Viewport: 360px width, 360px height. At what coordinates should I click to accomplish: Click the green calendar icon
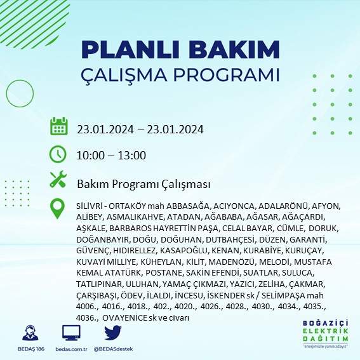click(58, 126)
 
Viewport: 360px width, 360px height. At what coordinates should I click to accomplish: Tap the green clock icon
click(58, 154)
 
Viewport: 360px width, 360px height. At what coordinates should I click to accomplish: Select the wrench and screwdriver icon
click(58, 180)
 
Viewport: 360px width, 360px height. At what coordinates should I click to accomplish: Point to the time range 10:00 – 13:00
click(112, 156)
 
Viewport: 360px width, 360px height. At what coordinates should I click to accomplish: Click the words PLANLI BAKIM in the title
click(180, 50)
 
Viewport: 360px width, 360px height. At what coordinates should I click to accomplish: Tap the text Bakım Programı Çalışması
click(143, 184)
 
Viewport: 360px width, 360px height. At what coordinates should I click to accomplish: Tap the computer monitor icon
click(71, 333)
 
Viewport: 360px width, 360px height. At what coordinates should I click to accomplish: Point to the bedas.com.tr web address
click(71, 349)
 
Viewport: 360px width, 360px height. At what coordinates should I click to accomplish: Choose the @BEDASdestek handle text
click(113, 349)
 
